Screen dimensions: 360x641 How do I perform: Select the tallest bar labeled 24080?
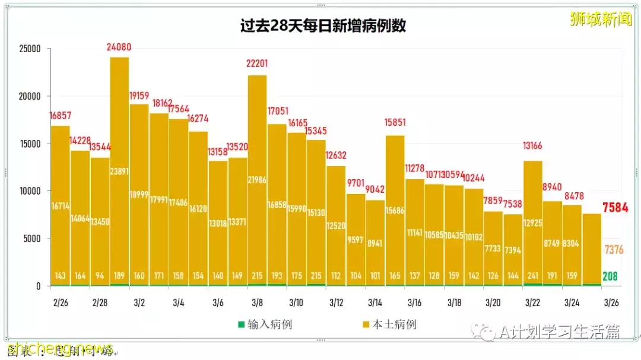click(x=119, y=172)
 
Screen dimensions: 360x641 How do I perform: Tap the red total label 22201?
click(x=257, y=64)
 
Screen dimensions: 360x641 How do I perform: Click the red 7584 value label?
click(x=615, y=208)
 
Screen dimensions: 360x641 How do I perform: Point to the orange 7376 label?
click(x=614, y=250)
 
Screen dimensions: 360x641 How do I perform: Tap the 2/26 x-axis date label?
click(x=61, y=302)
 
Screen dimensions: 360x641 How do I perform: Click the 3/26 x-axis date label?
click(x=611, y=302)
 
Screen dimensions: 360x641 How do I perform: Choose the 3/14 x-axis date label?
click(x=375, y=302)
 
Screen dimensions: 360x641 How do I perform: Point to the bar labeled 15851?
click(x=395, y=208)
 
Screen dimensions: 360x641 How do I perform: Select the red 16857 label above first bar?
click(x=61, y=116)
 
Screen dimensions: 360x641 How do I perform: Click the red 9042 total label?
click(x=375, y=190)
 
